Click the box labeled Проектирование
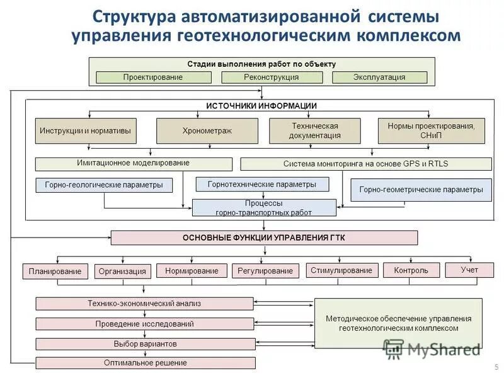153,77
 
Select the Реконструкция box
272,77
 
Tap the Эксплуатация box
379,77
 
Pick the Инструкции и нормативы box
86,130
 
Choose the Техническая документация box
315,130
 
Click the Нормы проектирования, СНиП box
432,130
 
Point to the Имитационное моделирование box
134,163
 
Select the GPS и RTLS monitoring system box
365,164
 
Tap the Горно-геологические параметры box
104,185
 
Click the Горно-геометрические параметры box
421,190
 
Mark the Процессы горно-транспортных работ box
264,208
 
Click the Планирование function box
55,271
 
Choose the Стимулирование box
342,270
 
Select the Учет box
469,270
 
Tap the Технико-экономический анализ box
144,304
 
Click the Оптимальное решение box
146,363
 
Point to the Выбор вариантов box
146,344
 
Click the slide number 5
491,366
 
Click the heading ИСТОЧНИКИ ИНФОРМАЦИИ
261,106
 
